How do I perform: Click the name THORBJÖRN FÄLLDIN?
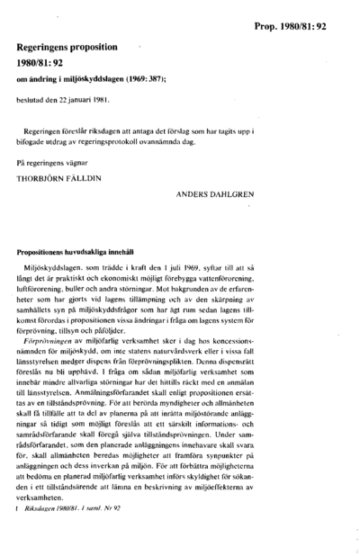(x=58, y=177)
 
